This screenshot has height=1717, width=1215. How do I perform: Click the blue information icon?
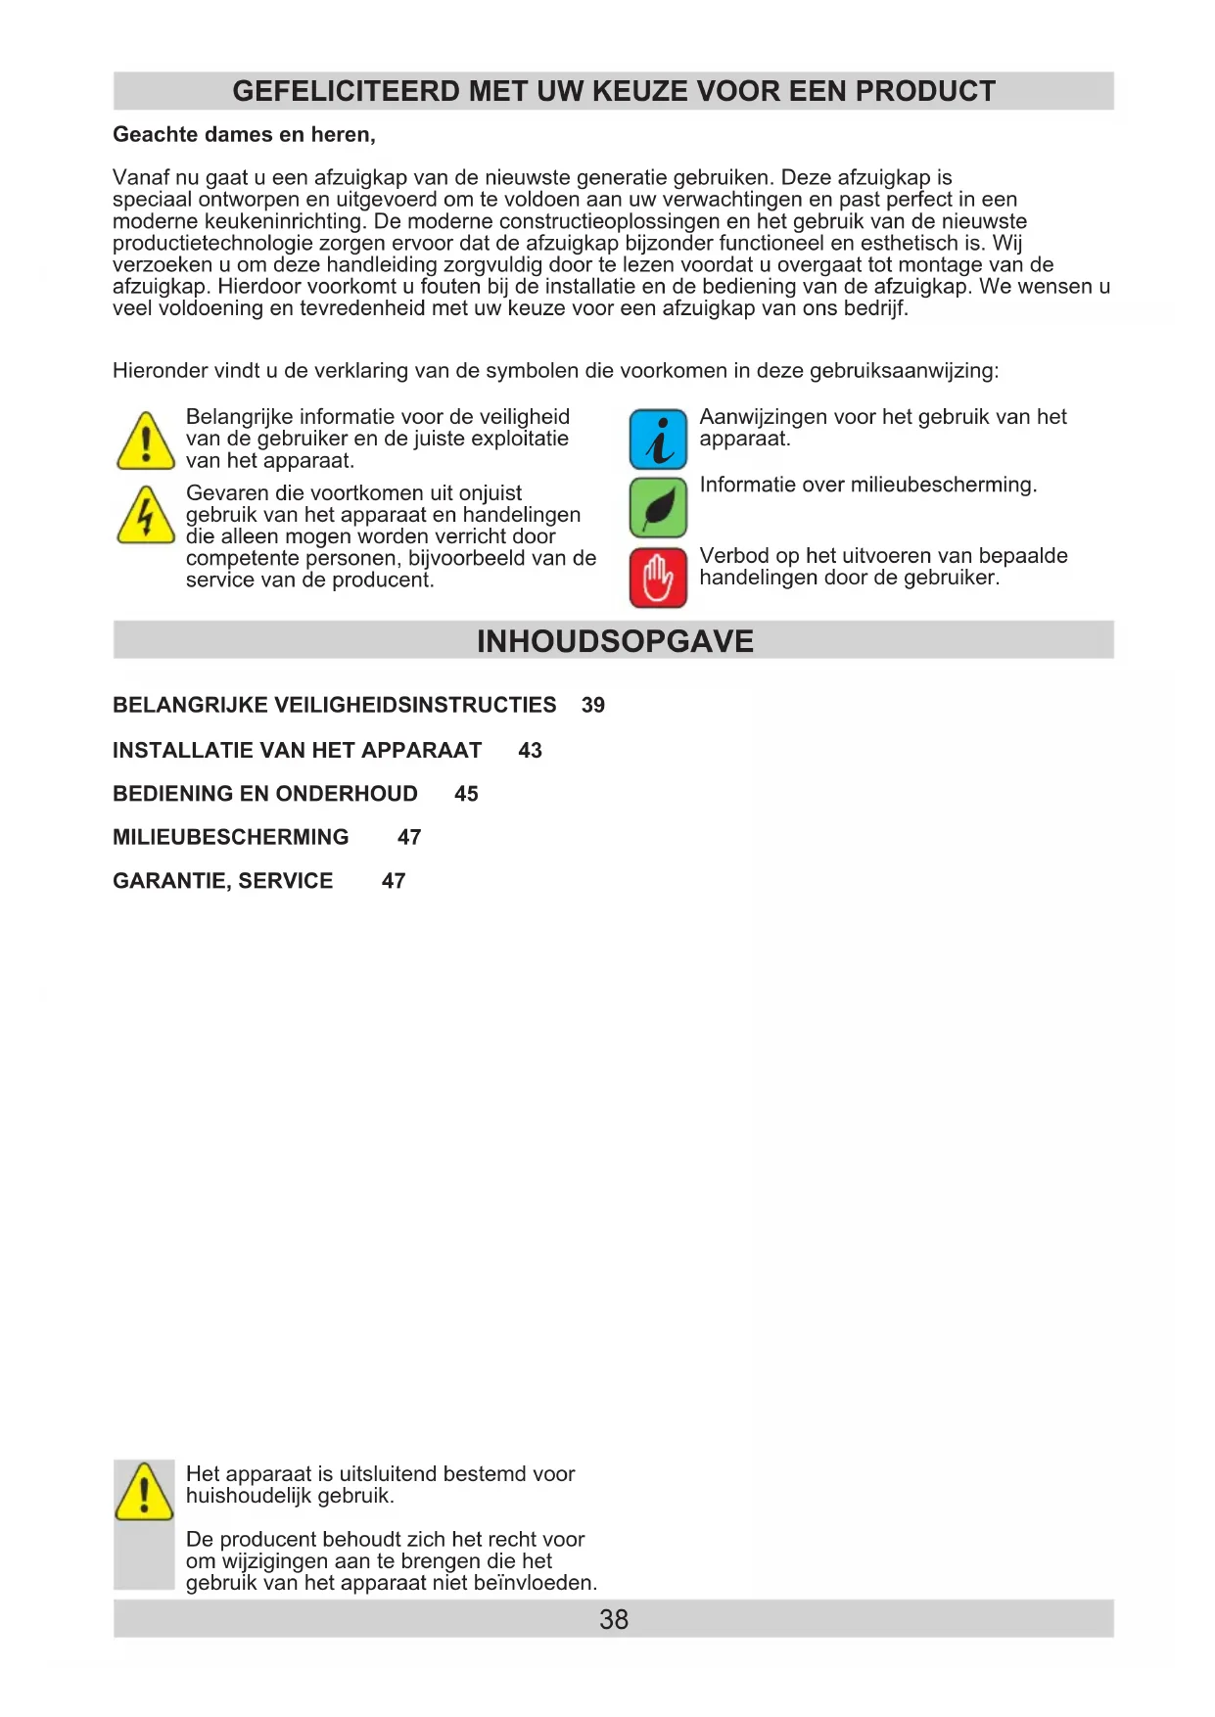click(x=658, y=440)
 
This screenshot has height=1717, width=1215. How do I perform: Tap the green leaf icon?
click(x=658, y=508)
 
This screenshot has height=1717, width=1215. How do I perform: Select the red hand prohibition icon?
click(x=658, y=578)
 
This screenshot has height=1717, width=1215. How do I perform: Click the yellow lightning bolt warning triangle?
click(x=146, y=516)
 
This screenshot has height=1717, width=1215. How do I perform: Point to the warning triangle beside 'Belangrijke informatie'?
click(x=146, y=441)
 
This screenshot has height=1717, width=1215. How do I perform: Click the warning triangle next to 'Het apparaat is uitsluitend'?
click(x=144, y=1492)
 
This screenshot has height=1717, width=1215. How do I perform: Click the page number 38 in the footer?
click(x=614, y=1619)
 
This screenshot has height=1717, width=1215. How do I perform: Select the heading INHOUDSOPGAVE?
click(x=615, y=641)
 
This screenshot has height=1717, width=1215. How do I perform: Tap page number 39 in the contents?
click(x=593, y=705)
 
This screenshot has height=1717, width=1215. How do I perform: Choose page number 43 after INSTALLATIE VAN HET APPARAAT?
click(x=530, y=750)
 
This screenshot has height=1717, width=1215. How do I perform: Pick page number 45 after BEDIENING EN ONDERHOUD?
click(x=466, y=794)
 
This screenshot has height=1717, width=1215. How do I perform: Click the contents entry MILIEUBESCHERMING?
click(x=231, y=837)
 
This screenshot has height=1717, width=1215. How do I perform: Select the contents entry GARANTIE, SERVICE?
click(x=223, y=881)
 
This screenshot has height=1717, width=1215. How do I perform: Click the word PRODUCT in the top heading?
click(x=925, y=91)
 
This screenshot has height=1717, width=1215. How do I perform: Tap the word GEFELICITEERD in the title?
click(x=346, y=91)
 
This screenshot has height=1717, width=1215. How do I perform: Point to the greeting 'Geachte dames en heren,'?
click(x=244, y=134)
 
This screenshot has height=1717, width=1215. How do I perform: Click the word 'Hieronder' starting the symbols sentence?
click(x=158, y=371)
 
